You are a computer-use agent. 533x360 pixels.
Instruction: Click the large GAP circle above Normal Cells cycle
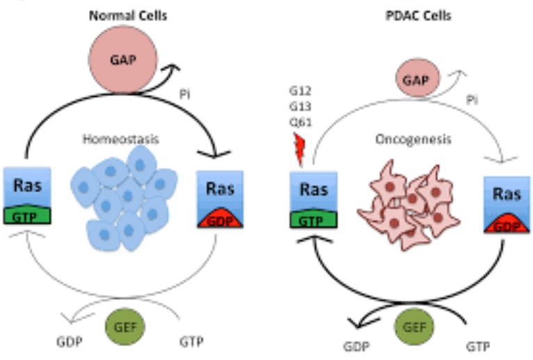[122, 60]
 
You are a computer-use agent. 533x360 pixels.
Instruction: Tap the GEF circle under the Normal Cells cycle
[125, 327]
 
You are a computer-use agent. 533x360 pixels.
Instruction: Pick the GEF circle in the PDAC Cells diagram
[414, 327]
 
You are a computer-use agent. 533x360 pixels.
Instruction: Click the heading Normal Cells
[128, 15]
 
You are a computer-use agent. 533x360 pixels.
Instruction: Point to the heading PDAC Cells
[418, 15]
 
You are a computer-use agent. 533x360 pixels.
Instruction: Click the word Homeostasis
[121, 139]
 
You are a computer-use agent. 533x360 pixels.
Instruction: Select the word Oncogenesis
[413, 139]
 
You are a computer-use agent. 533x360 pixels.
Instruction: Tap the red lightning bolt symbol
[299, 150]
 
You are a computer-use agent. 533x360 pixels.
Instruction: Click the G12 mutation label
[301, 91]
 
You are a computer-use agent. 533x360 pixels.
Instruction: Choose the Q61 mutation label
[301, 122]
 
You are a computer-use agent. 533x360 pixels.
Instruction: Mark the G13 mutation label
[301, 107]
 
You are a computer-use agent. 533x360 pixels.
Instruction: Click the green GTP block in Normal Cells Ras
[27, 214]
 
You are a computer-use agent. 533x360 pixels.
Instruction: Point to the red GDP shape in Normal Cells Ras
[221, 219]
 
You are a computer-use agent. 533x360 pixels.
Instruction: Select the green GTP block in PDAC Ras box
[313, 219]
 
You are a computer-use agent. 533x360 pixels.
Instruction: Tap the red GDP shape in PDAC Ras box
[507, 224]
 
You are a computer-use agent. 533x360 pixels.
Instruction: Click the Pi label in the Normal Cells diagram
[184, 94]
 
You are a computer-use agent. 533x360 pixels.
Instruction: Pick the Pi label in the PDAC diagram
[472, 100]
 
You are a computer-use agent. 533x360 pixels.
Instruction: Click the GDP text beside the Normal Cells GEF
[70, 341]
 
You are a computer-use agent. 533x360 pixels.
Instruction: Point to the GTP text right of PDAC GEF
[478, 346]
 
